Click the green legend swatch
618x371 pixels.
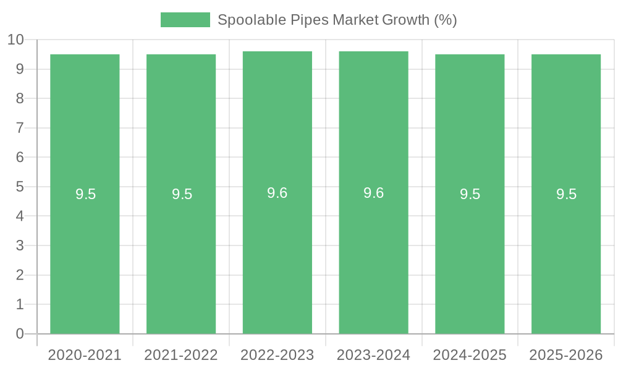click(185, 20)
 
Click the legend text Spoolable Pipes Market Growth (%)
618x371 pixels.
click(337, 20)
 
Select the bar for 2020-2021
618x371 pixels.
click(85, 247)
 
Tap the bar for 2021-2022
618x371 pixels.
click(181, 247)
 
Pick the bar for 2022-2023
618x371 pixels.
click(277, 247)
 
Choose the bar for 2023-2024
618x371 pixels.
click(373, 247)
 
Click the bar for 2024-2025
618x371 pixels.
click(470, 247)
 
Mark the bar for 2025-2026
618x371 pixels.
click(566, 247)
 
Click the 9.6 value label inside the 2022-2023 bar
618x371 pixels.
click(277, 193)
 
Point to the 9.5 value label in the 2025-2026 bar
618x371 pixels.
click(566, 194)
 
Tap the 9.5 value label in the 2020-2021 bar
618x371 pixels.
click(85, 194)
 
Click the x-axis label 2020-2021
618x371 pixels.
click(85, 355)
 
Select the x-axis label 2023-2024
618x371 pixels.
click(373, 355)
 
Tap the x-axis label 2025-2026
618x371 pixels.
click(566, 355)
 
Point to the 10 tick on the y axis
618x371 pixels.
click(15, 40)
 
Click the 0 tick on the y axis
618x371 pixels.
click(20, 334)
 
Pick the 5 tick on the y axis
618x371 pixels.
click(20, 187)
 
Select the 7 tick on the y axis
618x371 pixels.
click(20, 128)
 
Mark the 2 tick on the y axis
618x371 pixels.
click(20, 275)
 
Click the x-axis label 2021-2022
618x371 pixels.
click(181, 355)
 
